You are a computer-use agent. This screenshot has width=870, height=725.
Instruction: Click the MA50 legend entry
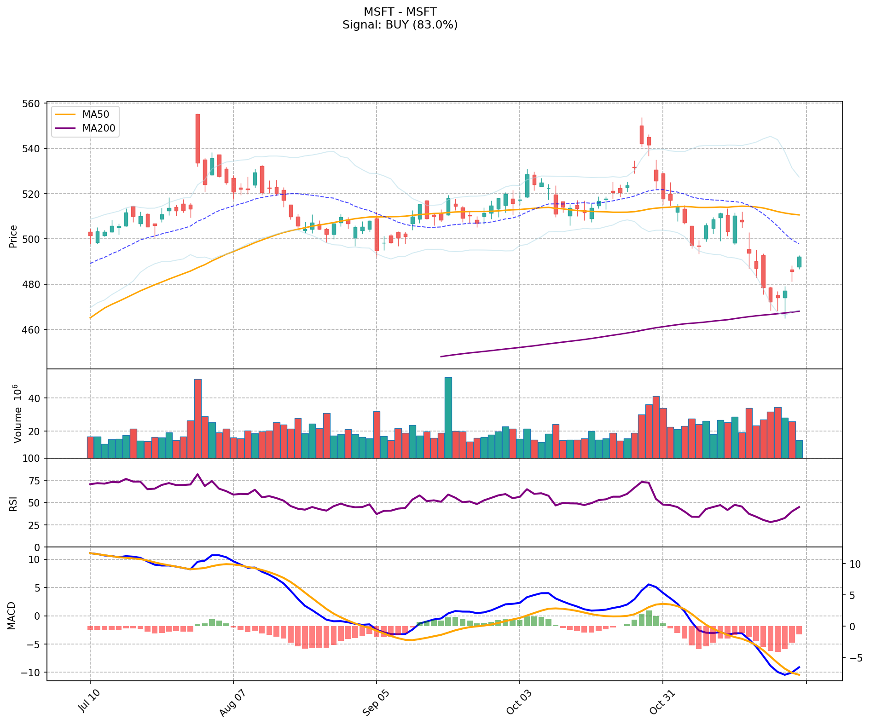click(x=95, y=115)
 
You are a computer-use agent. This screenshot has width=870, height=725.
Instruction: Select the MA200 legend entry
click(x=99, y=128)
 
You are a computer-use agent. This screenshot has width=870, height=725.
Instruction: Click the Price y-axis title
click(x=13, y=236)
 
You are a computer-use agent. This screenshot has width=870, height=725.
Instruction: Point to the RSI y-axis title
click(x=13, y=503)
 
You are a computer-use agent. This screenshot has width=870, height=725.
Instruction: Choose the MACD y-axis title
click(x=12, y=616)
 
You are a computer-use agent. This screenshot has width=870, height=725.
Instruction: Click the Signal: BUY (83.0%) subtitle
click(x=400, y=25)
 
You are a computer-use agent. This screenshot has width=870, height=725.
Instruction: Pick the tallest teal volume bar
click(x=448, y=417)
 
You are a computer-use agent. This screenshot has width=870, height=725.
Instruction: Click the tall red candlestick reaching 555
click(x=197, y=138)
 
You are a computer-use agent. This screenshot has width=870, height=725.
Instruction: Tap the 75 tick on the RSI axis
click(x=34, y=481)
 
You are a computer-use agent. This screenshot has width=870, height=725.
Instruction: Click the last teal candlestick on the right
click(x=799, y=262)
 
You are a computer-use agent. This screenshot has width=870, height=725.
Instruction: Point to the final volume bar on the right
click(x=799, y=449)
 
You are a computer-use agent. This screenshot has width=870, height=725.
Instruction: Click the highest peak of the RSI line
click(x=197, y=474)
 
